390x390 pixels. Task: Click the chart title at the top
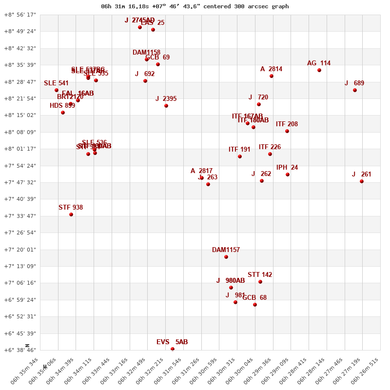click(x=195, y=6)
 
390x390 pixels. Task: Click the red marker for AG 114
click(x=319, y=70)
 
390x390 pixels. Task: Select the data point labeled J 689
click(x=355, y=90)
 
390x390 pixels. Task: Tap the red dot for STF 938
click(x=71, y=214)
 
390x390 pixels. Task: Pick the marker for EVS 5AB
click(x=173, y=349)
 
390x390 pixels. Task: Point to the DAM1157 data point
click(x=226, y=257)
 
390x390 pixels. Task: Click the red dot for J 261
click(x=362, y=181)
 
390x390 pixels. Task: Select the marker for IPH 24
click(x=288, y=175)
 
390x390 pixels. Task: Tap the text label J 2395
click(x=166, y=99)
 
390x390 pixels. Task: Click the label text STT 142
click(x=260, y=275)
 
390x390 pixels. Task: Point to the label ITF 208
click(x=287, y=124)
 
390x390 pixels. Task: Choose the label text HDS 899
click(x=62, y=106)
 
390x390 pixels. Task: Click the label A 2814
click(x=271, y=69)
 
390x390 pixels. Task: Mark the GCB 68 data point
click(x=255, y=305)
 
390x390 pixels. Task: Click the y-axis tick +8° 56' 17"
click(x=20, y=15)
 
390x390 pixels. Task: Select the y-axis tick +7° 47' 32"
click(x=20, y=182)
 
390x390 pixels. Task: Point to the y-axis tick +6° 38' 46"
click(x=20, y=350)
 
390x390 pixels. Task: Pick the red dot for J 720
click(x=259, y=104)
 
